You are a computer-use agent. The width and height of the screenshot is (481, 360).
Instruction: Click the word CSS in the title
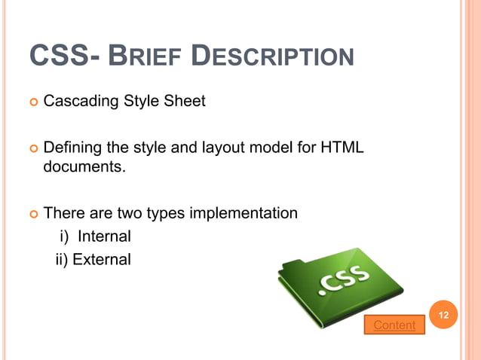pyautogui.click(x=60, y=57)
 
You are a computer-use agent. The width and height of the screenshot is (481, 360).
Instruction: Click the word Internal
pyautogui.click(x=105, y=236)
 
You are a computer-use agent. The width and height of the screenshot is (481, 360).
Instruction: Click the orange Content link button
pyautogui.click(x=394, y=325)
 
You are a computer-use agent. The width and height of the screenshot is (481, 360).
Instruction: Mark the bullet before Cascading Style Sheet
pyautogui.click(x=33, y=101)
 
